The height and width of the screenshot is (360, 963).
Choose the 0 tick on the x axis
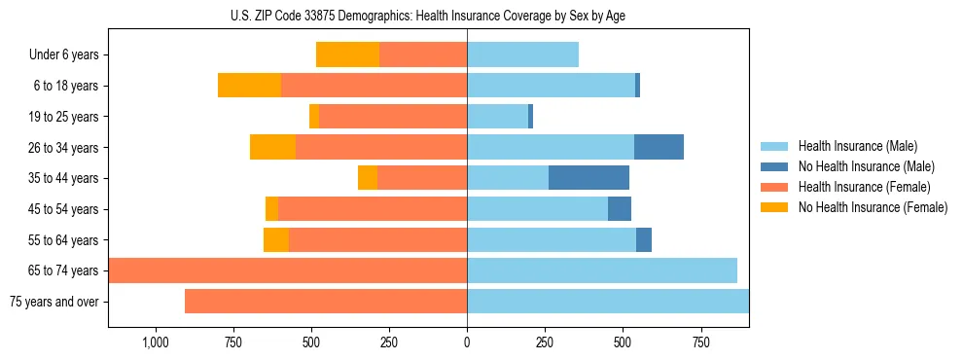click(467, 342)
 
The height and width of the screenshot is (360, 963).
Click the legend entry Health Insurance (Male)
click(856, 146)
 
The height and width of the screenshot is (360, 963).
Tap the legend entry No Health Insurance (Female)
click(873, 207)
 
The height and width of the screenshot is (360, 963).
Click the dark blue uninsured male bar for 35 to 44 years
click(588, 178)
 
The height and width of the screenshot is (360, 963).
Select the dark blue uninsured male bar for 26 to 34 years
click(659, 147)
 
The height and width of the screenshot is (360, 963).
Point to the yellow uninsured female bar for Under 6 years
click(347, 55)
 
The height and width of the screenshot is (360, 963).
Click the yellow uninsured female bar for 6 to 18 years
click(249, 86)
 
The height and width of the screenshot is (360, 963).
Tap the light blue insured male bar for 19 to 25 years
click(497, 117)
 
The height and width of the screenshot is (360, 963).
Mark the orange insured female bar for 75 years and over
click(326, 302)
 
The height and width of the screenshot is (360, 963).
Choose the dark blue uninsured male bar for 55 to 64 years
click(644, 239)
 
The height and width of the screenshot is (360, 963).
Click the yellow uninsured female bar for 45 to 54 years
click(271, 209)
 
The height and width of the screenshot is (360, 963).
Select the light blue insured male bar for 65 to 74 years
click(602, 270)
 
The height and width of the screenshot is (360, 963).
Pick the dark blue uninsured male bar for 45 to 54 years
click(620, 209)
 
